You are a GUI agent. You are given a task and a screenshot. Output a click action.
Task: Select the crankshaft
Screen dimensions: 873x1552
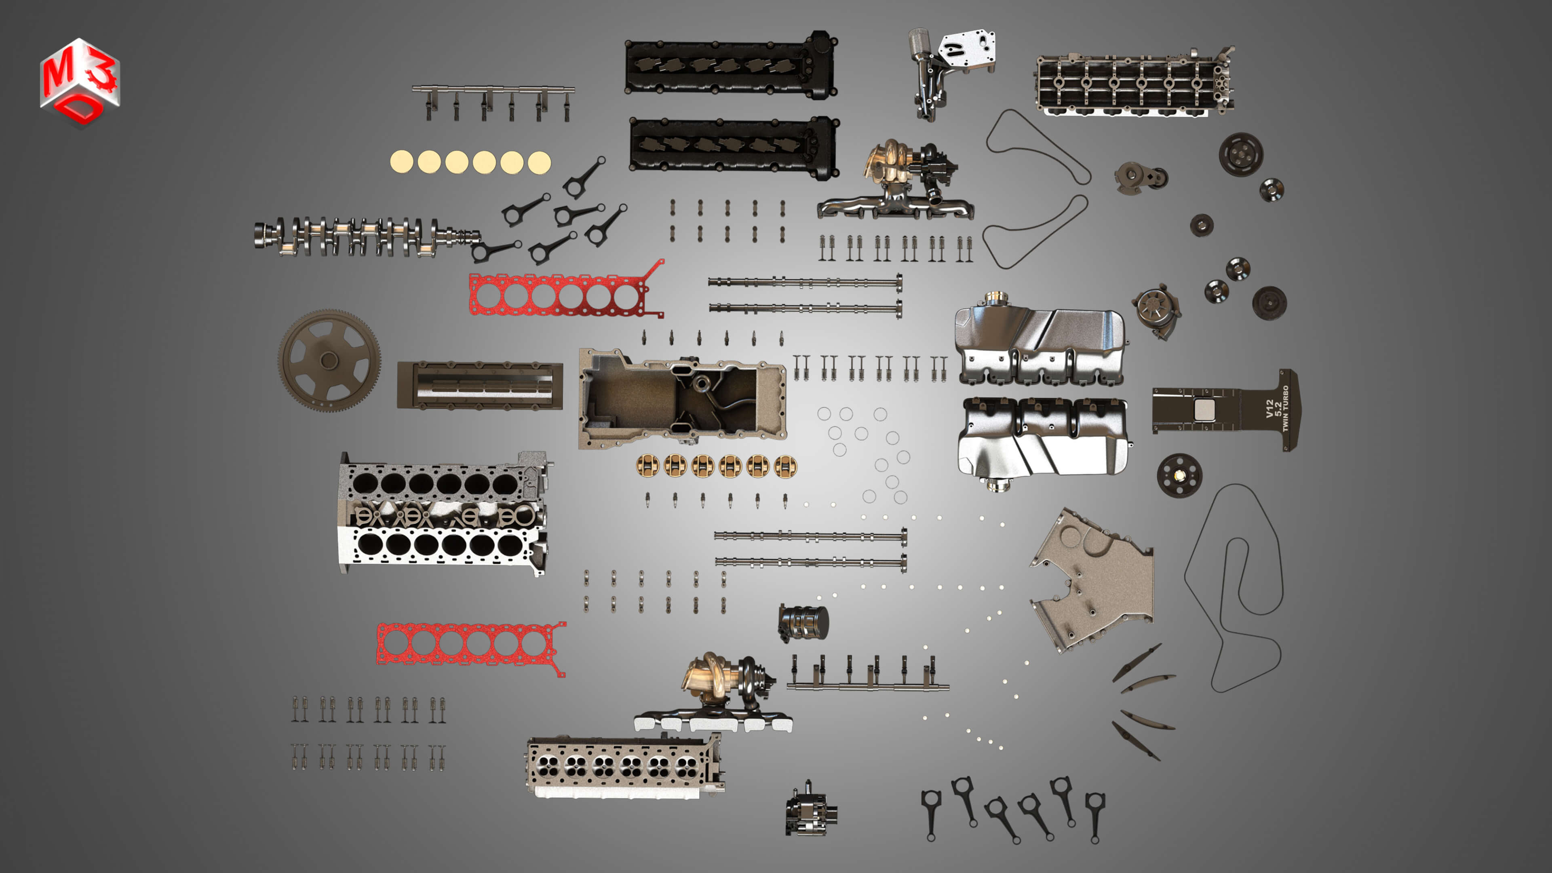pyautogui.click(x=361, y=235)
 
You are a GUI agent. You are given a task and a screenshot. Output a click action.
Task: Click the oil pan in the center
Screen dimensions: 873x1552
pyautogui.click(x=681, y=398)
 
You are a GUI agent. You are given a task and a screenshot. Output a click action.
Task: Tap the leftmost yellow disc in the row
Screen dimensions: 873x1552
pyautogui.click(x=402, y=162)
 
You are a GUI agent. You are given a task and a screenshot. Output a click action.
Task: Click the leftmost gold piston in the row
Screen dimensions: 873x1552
pyautogui.click(x=647, y=466)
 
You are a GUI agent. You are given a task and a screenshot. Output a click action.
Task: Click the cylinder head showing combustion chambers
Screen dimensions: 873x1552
pyautogui.click(x=624, y=766)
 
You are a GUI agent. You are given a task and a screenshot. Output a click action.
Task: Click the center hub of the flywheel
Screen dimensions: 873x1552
pyautogui.click(x=329, y=360)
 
